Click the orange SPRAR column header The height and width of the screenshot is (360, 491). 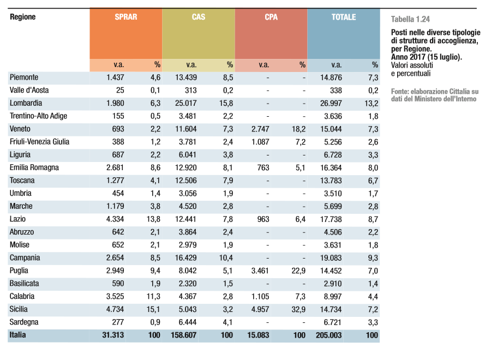[126, 17]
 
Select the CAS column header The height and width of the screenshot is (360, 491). [199, 17]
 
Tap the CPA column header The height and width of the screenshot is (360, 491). [271, 17]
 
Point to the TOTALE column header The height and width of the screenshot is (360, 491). [344, 17]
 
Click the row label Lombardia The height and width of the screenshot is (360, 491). [26, 103]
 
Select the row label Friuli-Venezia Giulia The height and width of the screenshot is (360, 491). [39, 142]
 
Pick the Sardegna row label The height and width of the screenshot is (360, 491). [24, 322]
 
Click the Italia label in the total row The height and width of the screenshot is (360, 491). [18, 335]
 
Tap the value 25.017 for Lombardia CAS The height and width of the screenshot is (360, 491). [185, 103]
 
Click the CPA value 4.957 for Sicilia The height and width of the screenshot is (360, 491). [260, 309]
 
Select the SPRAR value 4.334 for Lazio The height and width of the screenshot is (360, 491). [115, 219]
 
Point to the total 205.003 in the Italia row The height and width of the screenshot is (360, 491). [329, 335]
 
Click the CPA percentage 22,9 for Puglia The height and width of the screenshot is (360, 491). [298, 271]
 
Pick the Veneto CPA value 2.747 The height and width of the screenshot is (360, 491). [260, 129]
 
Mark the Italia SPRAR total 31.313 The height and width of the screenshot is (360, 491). [113, 335]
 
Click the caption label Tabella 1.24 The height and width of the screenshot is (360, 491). [410, 20]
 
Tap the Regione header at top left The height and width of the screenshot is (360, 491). [22, 17]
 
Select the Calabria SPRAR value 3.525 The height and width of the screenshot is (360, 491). [115, 296]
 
